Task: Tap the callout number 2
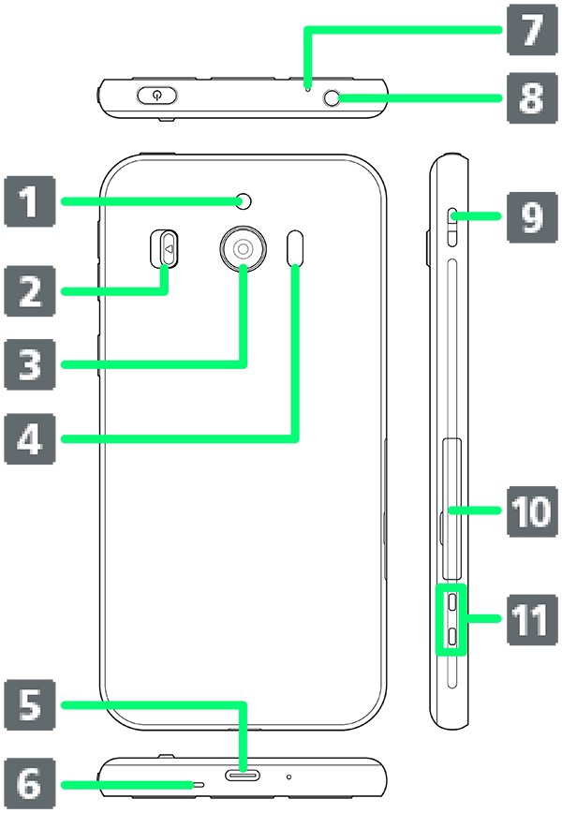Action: tap(30, 291)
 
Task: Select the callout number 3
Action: tap(30, 364)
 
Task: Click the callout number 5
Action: tap(30, 704)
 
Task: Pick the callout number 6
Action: tap(30, 783)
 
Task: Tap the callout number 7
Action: tap(531, 30)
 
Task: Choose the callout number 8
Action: tap(531, 97)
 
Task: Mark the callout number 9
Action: tap(531, 217)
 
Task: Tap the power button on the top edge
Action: tap(156, 95)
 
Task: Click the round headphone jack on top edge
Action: tap(332, 96)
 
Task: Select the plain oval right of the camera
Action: tap(297, 248)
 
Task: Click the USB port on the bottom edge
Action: tap(245, 775)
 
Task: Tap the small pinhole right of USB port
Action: tap(288, 776)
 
